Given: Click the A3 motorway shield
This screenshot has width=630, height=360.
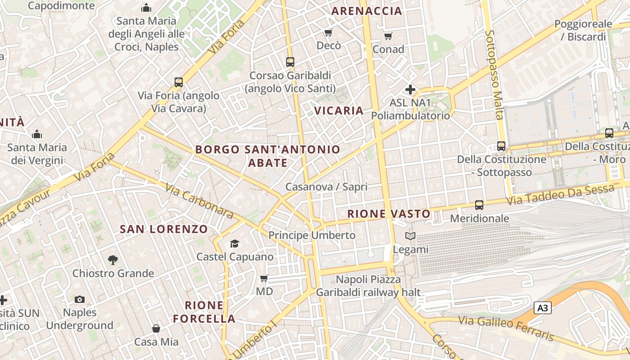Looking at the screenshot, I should pos(543,308).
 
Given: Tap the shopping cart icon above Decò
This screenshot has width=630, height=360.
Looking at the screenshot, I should pos(328,32).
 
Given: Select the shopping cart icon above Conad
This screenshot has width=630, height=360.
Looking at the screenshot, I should pos(388,36).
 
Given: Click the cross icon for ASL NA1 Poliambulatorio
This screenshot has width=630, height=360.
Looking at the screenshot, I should pos(410,89).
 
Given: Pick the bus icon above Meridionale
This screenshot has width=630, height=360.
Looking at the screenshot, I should pos(479,205).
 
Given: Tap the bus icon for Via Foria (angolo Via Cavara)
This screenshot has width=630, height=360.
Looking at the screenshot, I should pos(179,82).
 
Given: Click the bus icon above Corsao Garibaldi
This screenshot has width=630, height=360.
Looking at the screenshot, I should pos(290,62).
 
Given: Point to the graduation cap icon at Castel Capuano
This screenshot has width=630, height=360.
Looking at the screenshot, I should pos(234,243).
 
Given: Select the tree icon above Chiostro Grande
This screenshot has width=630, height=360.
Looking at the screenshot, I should pos(113,260).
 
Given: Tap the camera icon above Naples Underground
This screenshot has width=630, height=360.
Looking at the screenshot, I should pos(80,299).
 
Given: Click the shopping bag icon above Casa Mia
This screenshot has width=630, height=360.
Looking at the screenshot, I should pos(156,328).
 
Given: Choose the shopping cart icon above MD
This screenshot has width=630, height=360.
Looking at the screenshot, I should pos(264,278).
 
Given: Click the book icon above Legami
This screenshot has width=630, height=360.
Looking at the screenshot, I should pos(410,236).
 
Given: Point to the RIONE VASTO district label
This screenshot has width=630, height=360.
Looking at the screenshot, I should pos(389,214).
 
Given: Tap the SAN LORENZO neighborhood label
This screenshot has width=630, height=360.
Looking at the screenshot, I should pos(164,229).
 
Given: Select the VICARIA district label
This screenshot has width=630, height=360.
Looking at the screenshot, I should pos(338,111).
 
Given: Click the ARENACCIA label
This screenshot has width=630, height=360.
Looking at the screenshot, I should pos(366,11).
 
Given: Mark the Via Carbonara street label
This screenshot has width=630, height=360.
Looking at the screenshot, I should pos(198,201).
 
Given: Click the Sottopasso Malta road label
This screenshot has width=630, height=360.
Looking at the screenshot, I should pos(494,75).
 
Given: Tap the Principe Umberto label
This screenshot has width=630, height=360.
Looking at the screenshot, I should pos(312,235).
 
